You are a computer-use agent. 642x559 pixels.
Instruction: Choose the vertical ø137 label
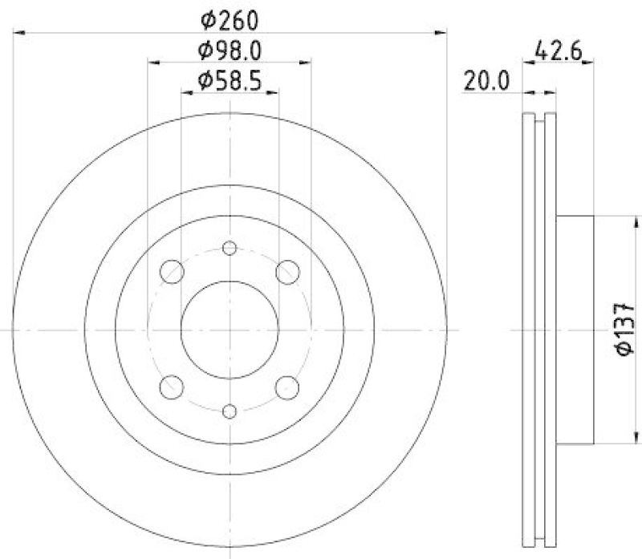coord(626,329)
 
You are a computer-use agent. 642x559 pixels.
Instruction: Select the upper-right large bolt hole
coord(287,272)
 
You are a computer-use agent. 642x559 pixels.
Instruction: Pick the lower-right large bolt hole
coord(287,387)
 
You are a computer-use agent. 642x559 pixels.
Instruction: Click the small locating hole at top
coord(230,248)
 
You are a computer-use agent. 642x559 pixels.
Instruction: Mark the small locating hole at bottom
coord(230,411)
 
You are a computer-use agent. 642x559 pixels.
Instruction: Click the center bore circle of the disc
coord(230,330)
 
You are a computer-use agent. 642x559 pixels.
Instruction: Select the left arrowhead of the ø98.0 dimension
coord(152,63)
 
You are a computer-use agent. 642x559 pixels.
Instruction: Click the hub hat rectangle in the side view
coord(575,330)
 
